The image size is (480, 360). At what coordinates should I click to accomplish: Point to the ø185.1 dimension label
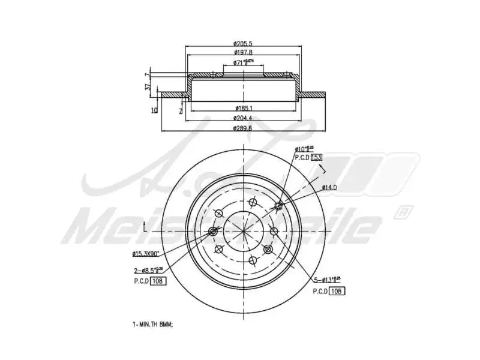(243, 108)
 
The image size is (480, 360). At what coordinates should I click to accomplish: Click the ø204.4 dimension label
(242, 118)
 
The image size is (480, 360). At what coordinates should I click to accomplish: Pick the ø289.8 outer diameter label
(242, 128)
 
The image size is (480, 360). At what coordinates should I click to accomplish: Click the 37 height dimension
(148, 87)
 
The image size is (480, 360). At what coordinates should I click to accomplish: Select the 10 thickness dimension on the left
(155, 110)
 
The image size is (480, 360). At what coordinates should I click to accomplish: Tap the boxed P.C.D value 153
(317, 157)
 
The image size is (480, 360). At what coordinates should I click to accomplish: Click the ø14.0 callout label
(329, 188)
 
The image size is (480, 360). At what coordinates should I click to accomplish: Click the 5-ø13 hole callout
(327, 279)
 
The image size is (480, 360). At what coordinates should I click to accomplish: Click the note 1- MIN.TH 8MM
(152, 324)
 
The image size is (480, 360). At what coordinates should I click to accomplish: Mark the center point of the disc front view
(244, 232)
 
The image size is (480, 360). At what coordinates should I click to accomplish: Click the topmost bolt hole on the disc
(251, 203)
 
